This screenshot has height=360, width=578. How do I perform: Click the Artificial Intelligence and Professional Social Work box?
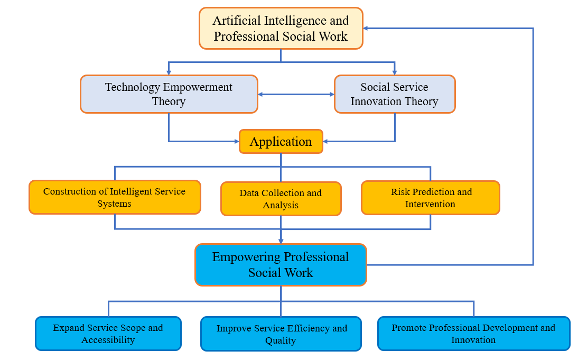tap(281, 29)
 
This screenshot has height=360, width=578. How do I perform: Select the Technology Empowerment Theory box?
tap(169, 94)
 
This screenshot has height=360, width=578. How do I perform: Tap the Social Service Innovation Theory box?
tap(394, 94)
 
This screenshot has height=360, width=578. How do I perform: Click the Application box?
tap(281, 142)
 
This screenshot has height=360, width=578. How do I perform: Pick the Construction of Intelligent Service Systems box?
tap(115, 197)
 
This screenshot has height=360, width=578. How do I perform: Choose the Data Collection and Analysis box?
tap(281, 199)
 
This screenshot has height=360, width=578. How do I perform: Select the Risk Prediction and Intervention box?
tap(430, 198)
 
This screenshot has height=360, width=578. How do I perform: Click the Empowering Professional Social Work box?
tap(281, 265)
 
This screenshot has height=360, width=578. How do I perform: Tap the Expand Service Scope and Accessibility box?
tap(108, 334)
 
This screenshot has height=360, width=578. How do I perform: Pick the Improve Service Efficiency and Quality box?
tap(281, 334)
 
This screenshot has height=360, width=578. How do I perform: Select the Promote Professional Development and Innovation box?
tap(473, 334)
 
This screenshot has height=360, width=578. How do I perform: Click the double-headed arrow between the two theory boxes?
tap(296, 95)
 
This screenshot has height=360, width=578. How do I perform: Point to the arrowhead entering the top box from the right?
tap(367, 28)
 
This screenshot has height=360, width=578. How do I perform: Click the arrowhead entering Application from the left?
tap(236, 141)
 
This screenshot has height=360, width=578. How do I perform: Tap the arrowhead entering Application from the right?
tap(326, 141)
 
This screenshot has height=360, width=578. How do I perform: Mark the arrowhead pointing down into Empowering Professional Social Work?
tap(281, 241)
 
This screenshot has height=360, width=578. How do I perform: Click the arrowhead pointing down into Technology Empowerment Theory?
tap(169, 72)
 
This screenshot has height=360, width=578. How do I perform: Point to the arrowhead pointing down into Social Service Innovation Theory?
tap(394, 72)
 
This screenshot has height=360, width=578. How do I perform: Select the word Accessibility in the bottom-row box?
tap(108, 340)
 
